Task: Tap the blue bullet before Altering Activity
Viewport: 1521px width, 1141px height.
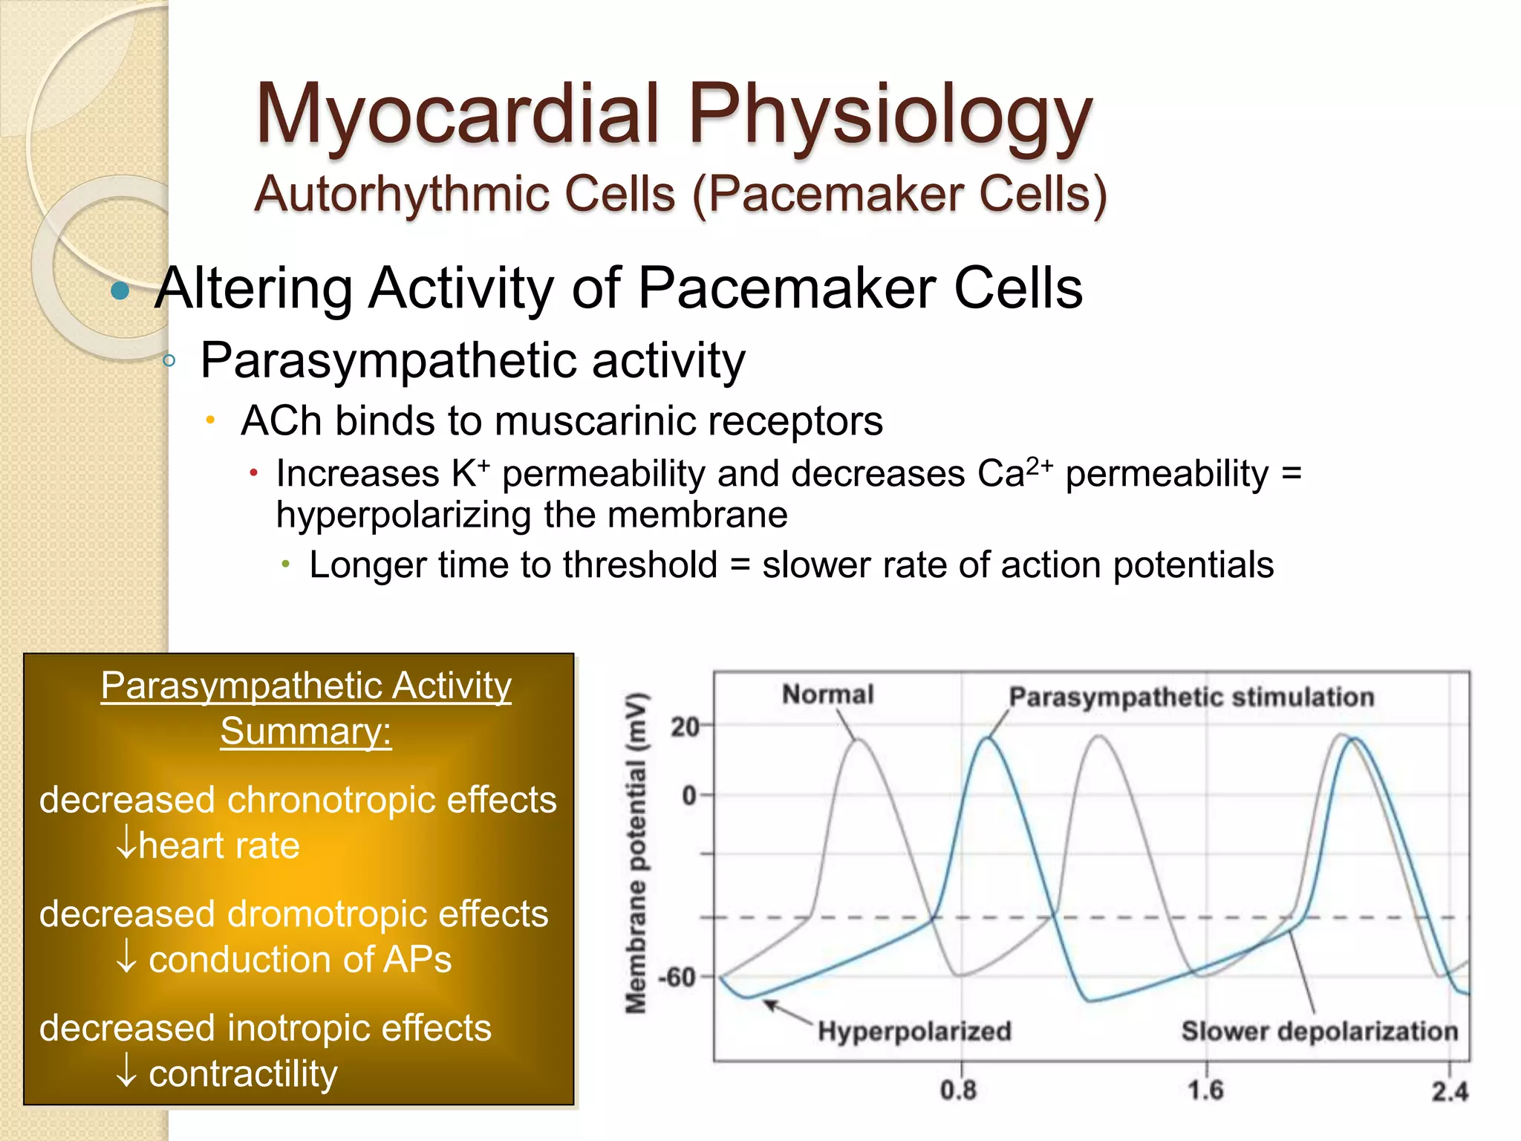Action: point(120,290)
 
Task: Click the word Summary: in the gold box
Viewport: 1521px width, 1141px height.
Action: point(306,731)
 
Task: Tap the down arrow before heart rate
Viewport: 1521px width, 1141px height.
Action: point(126,845)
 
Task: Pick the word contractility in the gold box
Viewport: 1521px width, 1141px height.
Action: point(243,1073)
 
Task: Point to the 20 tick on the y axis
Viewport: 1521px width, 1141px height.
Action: point(685,726)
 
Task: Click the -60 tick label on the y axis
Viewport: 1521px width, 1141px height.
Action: point(677,977)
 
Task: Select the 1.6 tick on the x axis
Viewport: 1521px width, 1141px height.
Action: point(1205,1090)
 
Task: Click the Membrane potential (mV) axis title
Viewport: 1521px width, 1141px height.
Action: point(636,854)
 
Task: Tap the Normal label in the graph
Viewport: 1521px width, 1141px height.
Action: point(827,695)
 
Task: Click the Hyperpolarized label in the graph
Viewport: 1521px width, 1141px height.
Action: point(914,1031)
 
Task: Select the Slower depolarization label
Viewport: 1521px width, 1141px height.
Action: point(1319,1031)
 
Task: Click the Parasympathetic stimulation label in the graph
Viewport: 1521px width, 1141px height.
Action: point(1191,698)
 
